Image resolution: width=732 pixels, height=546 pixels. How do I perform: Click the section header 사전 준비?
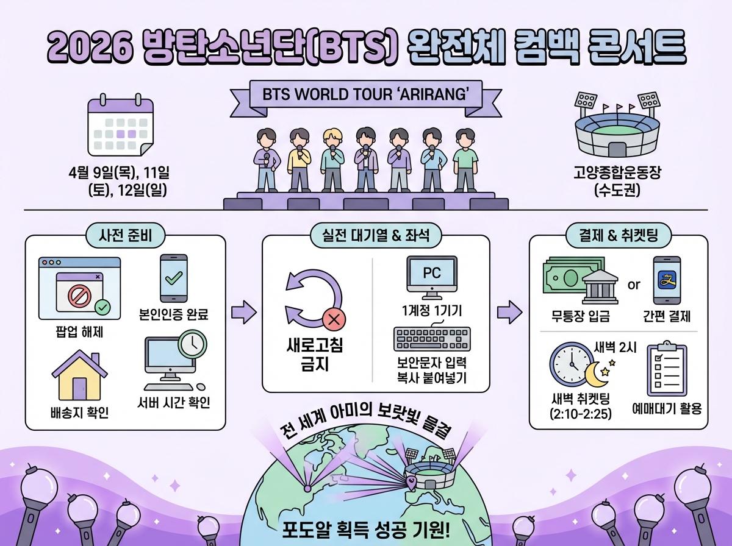coord(125,235)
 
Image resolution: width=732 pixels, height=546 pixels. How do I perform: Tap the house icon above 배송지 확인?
coord(79,374)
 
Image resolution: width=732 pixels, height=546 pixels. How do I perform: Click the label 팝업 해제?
coord(79,332)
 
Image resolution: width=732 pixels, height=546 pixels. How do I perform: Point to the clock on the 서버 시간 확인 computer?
coord(193,344)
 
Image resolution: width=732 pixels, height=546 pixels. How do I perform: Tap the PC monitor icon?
coord(432,274)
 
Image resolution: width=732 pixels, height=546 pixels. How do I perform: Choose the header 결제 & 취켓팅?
coord(619,235)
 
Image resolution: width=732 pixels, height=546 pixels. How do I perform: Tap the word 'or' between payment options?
coord(634,285)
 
